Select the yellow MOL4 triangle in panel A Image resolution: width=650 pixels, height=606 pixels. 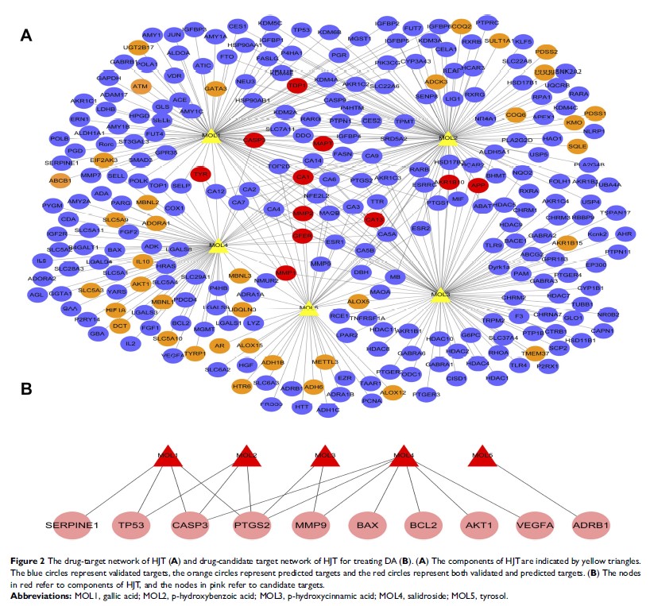pyautogui.click(x=216, y=245)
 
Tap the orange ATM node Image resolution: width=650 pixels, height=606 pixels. pyautogui.click(x=140, y=86)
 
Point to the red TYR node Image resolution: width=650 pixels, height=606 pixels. pyautogui.click(x=201, y=174)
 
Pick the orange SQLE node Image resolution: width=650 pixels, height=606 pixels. pyautogui.click(x=578, y=145)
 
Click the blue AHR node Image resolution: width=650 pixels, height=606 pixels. pyautogui.click(x=625, y=234)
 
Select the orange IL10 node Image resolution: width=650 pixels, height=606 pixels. pyautogui.click(x=143, y=261)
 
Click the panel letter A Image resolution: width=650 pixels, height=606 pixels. pyautogui.click(x=27, y=35)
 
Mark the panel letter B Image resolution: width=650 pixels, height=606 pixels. pyautogui.click(x=25, y=390)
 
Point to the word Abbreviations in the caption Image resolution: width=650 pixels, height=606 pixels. pyautogui.click(x=43, y=594)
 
